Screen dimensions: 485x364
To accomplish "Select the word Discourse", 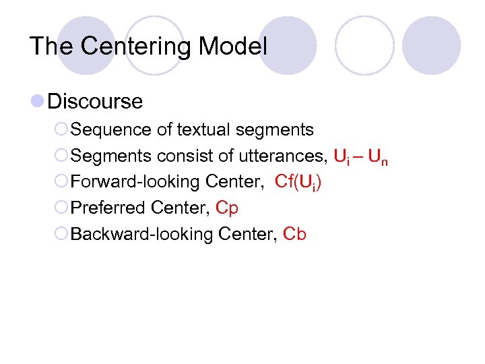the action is (95, 102).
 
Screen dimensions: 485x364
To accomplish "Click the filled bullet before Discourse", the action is (39, 102).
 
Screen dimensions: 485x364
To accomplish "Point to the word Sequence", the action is (104, 129).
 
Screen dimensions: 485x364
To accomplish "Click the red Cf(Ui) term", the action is (298, 182).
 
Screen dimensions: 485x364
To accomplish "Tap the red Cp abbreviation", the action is (227, 208).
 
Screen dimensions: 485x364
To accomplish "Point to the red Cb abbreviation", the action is (295, 234).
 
